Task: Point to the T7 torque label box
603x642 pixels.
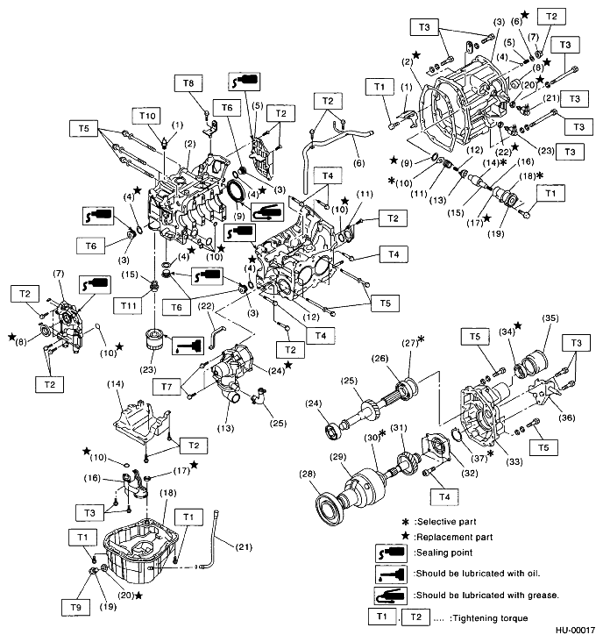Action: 170,386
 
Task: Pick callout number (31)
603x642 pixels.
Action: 399,427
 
